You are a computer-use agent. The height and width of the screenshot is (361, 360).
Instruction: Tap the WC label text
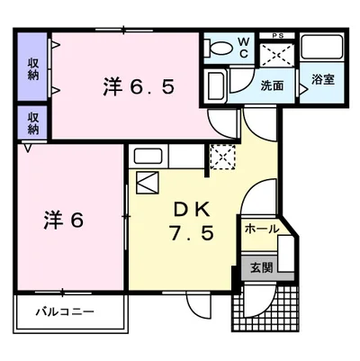pyautogui.click(x=243, y=48)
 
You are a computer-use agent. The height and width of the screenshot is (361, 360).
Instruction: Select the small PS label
pyautogui.click(x=278, y=36)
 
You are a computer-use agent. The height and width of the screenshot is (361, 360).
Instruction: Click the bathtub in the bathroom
pyautogui.click(x=322, y=47)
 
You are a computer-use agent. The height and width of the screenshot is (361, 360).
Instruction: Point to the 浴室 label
pyautogui.click(x=323, y=79)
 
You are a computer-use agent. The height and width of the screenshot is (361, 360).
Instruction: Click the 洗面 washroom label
pyautogui.click(x=272, y=86)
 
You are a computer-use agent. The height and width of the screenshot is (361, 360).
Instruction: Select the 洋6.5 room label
pyautogui.click(x=139, y=86)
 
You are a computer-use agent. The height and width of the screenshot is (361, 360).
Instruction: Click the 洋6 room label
pyautogui.click(x=64, y=221)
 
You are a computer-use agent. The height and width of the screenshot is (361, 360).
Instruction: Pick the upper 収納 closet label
pyautogui.click(x=33, y=69)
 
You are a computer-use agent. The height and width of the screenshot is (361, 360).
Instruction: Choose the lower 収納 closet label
pyautogui.click(x=33, y=123)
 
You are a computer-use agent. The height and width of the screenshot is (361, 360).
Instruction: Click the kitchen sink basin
pyautogui.click(x=148, y=157)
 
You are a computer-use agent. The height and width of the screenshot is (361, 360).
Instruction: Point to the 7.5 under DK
pyautogui.click(x=192, y=233)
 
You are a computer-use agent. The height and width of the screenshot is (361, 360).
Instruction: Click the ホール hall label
pyautogui.click(x=262, y=230)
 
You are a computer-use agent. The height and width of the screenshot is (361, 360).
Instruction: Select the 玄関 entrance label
pyautogui.click(x=262, y=267)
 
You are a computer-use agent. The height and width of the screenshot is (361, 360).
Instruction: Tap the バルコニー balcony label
pyautogui.click(x=65, y=312)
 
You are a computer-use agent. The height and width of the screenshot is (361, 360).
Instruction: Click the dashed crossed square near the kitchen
pyautogui.click(x=222, y=157)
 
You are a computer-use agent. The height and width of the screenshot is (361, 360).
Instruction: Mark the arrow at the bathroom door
pyautogui.click(x=303, y=89)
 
